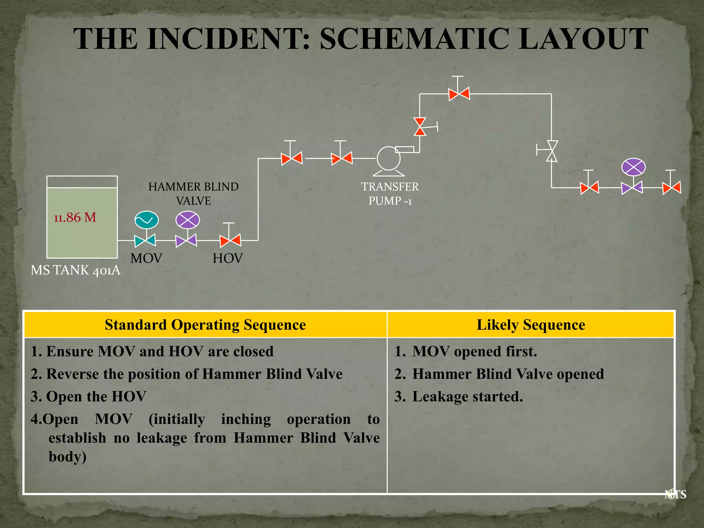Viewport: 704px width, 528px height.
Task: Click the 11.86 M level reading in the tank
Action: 75,218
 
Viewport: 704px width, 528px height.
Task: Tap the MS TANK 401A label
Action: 76,270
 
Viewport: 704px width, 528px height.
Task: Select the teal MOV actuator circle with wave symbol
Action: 146,220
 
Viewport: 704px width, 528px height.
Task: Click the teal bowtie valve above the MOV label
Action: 145,240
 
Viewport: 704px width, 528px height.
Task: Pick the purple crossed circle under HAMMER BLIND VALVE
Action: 187,220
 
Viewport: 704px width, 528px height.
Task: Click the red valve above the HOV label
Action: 230,240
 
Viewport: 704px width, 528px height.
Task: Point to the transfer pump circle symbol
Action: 388,158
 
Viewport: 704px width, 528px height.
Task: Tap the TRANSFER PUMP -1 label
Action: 390,194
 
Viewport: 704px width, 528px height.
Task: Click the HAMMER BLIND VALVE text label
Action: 193,194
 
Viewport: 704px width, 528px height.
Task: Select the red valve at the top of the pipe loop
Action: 459,93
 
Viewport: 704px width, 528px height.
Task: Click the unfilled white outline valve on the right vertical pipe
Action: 552,151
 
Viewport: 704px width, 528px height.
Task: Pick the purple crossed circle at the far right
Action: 633,167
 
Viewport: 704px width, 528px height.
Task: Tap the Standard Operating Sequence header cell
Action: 205,325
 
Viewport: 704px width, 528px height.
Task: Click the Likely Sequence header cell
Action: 530,325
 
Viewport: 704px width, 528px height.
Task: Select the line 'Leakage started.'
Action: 467,397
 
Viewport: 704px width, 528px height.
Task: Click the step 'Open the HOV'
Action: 96,397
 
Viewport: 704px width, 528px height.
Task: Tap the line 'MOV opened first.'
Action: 474,352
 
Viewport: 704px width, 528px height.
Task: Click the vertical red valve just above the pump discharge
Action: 420,126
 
